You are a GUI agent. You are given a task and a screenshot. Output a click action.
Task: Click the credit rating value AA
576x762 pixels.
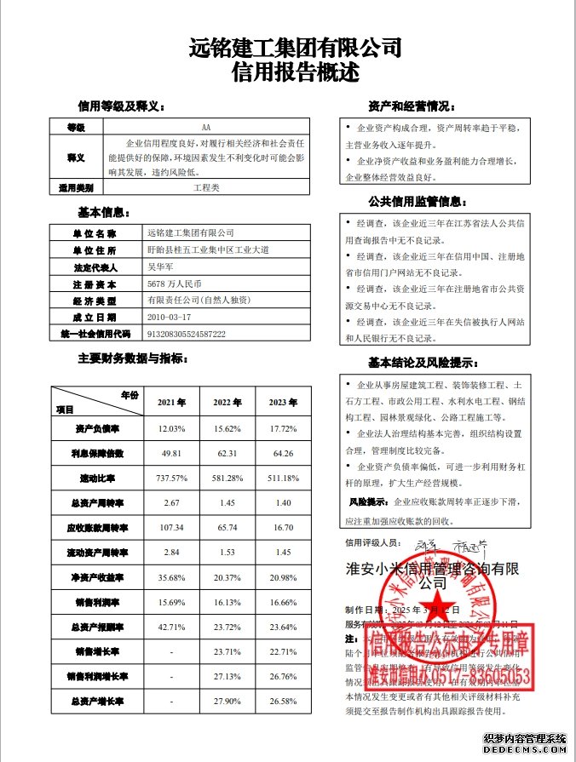[x=205, y=126]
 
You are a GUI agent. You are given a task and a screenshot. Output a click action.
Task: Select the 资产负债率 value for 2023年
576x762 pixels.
[x=285, y=427]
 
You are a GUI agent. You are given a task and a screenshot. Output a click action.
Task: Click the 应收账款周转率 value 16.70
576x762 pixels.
[x=285, y=528]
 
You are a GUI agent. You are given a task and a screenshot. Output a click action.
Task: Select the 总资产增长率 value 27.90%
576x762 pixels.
[x=228, y=702]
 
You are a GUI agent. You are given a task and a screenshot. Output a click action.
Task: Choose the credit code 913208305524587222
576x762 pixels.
[x=186, y=335]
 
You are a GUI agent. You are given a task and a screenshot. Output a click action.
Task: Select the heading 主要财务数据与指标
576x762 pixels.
[x=133, y=358]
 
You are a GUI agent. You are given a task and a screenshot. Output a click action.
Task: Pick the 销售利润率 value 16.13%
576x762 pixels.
[x=228, y=602]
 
